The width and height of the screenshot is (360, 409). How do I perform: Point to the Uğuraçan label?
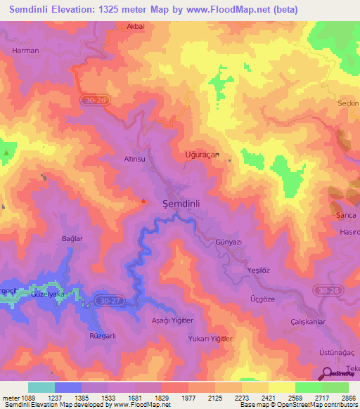coord(202,154)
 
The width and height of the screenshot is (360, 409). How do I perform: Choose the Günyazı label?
coord(229,242)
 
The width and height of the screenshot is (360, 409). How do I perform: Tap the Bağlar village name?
coord(72,239)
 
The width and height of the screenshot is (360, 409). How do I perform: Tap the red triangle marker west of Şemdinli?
coord(144,202)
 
